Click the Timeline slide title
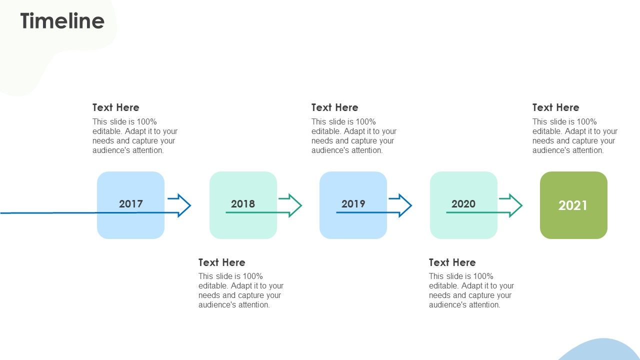click(x=62, y=21)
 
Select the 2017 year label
click(x=130, y=203)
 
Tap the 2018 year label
click(x=242, y=203)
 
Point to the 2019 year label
click(x=353, y=203)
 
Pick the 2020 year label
click(x=463, y=203)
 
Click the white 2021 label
click(x=573, y=205)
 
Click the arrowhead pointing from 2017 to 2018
click(x=184, y=205)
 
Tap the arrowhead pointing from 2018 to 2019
click(x=295, y=205)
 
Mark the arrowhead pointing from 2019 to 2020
click(x=405, y=205)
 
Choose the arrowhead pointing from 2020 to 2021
click(x=516, y=205)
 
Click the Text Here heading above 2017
click(x=116, y=107)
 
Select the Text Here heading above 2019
click(x=334, y=107)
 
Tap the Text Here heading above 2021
click(x=555, y=107)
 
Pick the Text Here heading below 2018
click(x=221, y=262)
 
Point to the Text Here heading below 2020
click(x=452, y=262)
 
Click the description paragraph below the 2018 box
click(x=240, y=290)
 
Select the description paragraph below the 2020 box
click(x=471, y=290)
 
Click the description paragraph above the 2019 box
click(x=353, y=136)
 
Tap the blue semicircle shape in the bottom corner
click(x=600, y=351)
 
